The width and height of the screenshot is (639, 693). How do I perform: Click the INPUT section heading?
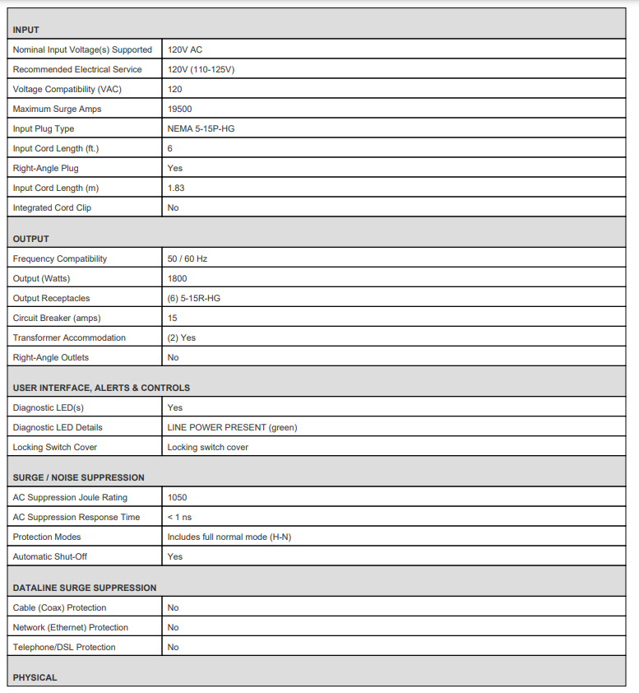pos(26,30)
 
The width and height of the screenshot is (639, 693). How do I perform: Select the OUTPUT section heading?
pos(31,239)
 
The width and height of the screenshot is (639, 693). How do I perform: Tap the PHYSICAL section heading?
pos(35,677)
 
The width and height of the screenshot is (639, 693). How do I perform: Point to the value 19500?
pos(179,109)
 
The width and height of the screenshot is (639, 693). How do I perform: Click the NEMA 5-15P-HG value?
pos(201,128)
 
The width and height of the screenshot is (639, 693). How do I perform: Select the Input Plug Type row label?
pos(44,128)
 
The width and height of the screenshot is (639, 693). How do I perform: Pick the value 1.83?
pos(176,188)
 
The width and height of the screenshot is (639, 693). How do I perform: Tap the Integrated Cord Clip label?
pos(52,207)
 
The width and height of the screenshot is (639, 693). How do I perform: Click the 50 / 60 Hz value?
pos(188,258)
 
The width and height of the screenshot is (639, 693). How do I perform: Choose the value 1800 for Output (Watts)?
pos(177,278)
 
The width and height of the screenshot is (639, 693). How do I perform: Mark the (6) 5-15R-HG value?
pos(193,298)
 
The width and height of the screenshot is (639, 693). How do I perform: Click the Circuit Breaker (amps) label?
pos(57,318)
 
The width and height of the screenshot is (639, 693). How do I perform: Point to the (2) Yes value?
pos(182,337)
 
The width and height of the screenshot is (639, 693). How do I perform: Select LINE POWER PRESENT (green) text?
pos(232,427)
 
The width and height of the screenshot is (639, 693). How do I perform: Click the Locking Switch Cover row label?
pos(55,447)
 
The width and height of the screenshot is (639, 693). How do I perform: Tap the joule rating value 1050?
pos(177,497)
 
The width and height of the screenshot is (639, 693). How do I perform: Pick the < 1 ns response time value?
pos(179,517)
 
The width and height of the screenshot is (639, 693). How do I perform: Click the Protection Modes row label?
pos(47,537)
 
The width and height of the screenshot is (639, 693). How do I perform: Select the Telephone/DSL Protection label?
pos(64,647)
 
